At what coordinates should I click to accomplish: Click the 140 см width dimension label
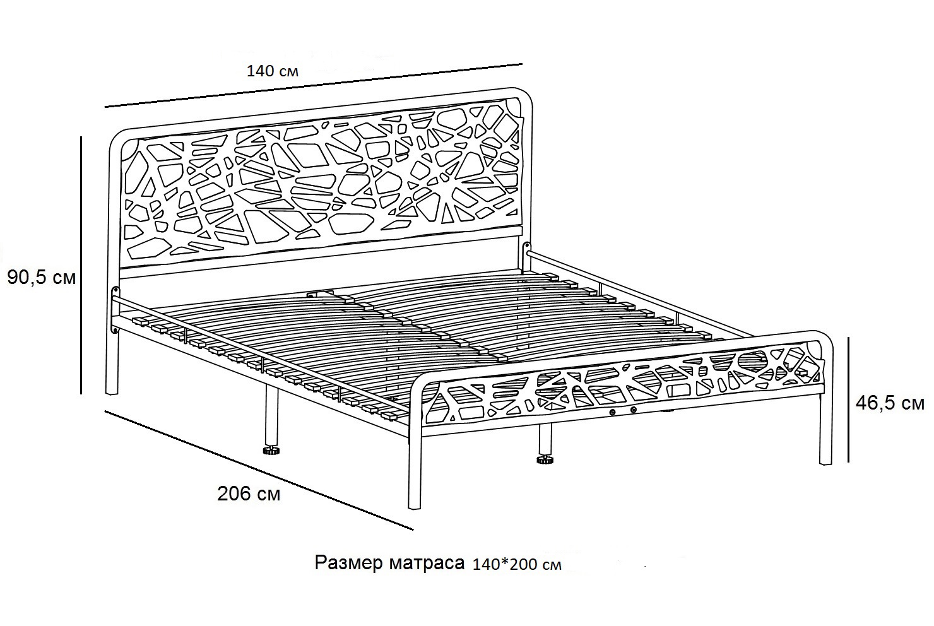[x=272, y=71]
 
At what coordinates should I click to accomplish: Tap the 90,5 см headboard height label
[x=42, y=277]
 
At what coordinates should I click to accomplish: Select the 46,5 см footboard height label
[x=890, y=403]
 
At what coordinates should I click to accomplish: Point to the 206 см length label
[x=249, y=494]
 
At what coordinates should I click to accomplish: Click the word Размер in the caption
[x=348, y=563]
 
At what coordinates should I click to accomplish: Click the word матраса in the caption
[x=427, y=564]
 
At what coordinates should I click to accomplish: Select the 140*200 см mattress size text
[x=517, y=564]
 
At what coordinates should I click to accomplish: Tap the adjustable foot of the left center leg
[x=271, y=451]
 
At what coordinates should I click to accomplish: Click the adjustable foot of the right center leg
[x=545, y=460]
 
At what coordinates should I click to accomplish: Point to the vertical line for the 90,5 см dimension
[x=81, y=265]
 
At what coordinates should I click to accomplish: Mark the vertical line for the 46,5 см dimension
[x=849, y=399]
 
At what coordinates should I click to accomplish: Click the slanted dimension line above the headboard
[x=313, y=85]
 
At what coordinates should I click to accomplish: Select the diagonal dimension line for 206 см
[x=259, y=470]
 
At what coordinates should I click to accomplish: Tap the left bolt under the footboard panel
[x=613, y=412]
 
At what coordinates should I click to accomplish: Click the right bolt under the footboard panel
[x=634, y=410]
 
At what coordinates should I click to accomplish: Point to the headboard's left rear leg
[x=112, y=363]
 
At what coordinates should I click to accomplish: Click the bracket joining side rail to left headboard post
[x=114, y=309]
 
